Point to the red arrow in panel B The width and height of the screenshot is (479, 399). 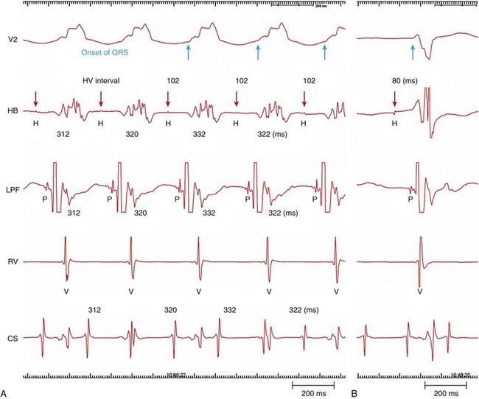[394, 98]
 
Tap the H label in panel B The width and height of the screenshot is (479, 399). [394, 124]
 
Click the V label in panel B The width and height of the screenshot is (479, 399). [419, 292]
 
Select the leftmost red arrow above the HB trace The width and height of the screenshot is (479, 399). [35, 99]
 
